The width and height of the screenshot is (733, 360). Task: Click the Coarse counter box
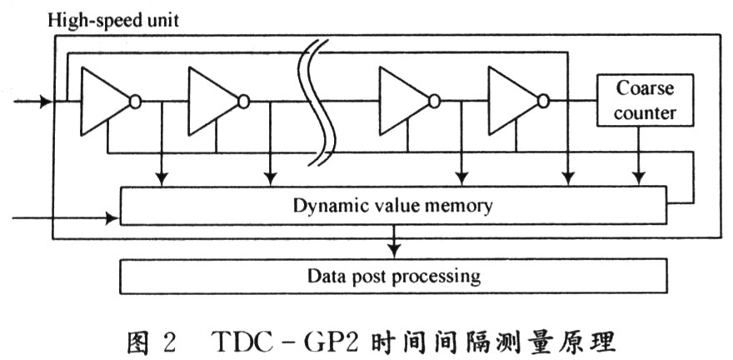point(644,99)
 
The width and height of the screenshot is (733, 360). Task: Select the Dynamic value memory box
point(393,206)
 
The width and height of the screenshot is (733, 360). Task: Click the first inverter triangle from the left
point(105,101)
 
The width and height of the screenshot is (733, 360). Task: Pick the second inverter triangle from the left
point(213,101)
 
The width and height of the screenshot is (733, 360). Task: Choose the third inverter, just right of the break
point(404,101)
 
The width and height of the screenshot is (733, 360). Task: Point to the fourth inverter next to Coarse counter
point(513,101)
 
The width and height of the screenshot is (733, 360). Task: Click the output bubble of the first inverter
point(136,102)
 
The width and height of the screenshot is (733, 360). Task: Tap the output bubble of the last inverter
point(544,102)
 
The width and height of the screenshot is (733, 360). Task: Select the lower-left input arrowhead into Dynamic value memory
point(113,219)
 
